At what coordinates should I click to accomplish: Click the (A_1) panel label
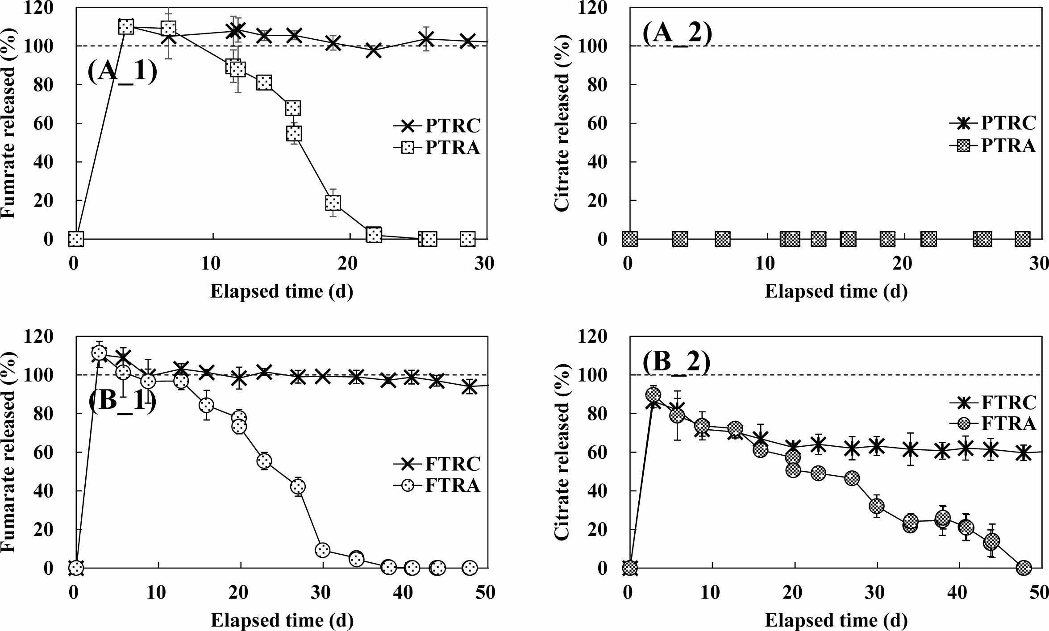122,71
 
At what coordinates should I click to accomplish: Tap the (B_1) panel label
122,400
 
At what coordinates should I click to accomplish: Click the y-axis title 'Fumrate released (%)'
9,123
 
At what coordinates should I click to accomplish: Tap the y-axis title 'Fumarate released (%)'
9,452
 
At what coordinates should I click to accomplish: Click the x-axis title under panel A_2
836,291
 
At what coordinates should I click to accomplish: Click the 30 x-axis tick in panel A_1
484,264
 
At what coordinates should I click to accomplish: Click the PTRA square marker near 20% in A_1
333,203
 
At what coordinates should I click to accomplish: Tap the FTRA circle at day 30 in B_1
322,550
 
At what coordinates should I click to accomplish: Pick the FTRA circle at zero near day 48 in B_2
1024,568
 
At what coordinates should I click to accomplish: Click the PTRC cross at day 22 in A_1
374,50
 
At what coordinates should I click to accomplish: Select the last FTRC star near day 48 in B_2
1024,453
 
